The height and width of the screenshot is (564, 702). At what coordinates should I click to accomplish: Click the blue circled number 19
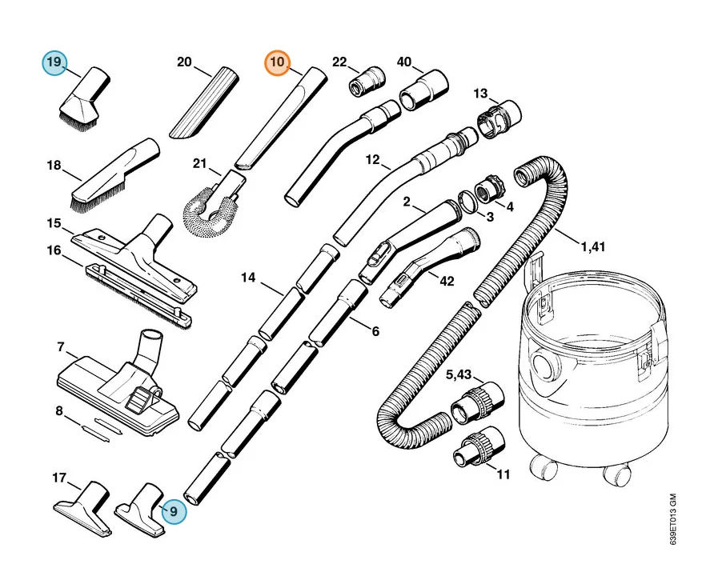click(54, 62)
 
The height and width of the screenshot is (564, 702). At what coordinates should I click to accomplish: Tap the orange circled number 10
click(278, 62)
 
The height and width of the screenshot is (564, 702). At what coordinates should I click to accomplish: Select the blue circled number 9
click(173, 511)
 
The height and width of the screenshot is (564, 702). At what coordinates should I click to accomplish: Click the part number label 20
click(184, 62)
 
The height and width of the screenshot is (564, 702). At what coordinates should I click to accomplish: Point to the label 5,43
click(459, 374)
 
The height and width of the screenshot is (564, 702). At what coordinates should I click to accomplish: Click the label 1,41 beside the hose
click(593, 246)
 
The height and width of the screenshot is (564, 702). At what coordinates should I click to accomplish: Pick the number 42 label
click(447, 281)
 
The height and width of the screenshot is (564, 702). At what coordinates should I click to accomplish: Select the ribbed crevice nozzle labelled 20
click(204, 103)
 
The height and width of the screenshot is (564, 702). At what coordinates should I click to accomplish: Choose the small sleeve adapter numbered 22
click(367, 81)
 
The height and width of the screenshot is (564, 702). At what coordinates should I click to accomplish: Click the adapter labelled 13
click(499, 117)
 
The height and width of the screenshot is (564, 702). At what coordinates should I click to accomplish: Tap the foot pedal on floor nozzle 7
click(138, 399)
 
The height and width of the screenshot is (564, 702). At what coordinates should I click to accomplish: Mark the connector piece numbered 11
click(478, 448)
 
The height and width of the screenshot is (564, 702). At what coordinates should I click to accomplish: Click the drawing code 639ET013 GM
click(673, 519)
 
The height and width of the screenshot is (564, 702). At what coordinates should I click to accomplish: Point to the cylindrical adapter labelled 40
click(423, 90)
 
